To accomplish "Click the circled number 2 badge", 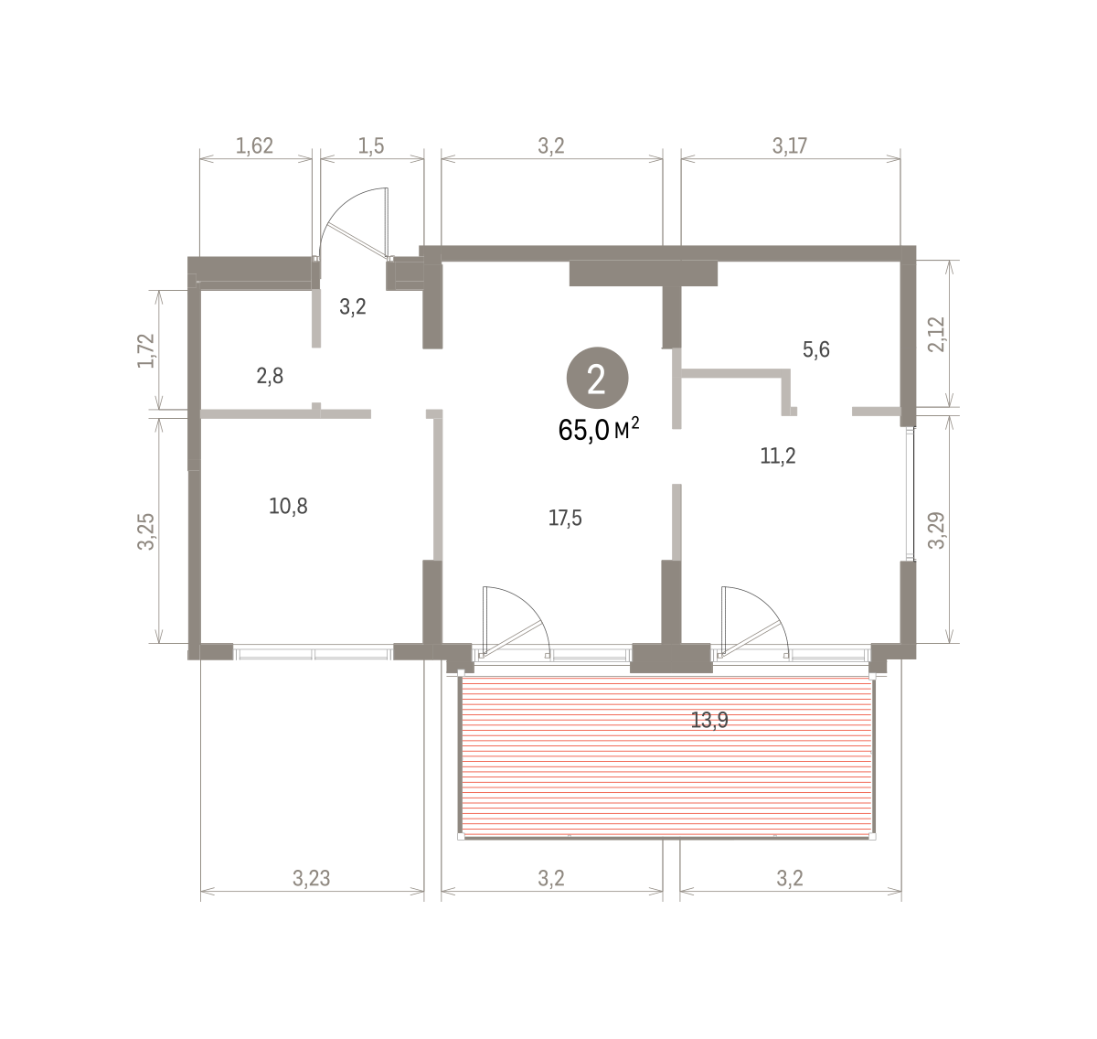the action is click(x=597, y=379).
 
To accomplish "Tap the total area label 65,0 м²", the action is click(x=599, y=431).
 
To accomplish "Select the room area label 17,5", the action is click(x=565, y=518).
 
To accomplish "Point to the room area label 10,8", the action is click(x=288, y=506).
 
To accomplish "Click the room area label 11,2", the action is click(x=778, y=456).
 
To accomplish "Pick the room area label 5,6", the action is click(x=815, y=349).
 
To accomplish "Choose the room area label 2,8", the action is click(x=270, y=376).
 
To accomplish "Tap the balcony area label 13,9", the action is click(x=709, y=720).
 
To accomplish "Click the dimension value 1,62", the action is click(x=254, y=145).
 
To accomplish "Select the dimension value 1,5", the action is click(x=371, y=145).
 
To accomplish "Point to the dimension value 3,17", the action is click(x=790, y=145).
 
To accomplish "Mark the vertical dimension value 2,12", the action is click(x=937, y=334).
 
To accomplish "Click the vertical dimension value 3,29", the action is click(x=937, y=530).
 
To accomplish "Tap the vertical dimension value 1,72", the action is click(x=145, y=350).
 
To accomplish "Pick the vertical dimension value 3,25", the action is click(x=145, y=531).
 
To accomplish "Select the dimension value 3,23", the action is click(x=312, y=878).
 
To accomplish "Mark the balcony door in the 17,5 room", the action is click(x=517, y=620).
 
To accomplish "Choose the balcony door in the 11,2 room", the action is click(x=754, y=620).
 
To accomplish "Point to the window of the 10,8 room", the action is click(x=313, y=653).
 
